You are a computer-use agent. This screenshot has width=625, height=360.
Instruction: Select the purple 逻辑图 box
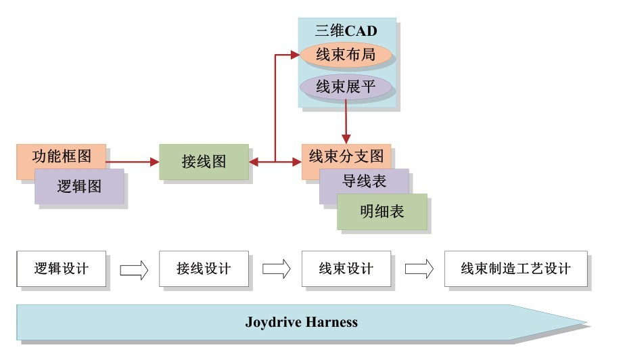tap(79, 187)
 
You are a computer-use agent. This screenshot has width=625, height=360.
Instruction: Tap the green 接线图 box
tap(204, 162)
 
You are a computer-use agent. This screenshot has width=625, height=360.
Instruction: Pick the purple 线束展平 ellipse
tap(346, 87)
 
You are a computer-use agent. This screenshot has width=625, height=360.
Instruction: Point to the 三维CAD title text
tap(346, 31)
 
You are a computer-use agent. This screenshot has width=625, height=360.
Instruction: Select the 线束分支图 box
tap(346, 156)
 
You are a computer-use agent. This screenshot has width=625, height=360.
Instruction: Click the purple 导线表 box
tap(364, 181)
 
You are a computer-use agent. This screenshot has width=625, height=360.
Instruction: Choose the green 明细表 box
tap(382, 211)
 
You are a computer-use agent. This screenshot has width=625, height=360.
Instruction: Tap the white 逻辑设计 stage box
tap(61, 269)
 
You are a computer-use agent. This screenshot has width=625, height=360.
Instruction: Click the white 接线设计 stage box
tap(204, 269)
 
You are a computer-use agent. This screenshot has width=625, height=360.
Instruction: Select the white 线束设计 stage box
tap(346, 269)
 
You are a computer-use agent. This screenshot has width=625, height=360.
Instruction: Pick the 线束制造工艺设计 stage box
tap(515, 269)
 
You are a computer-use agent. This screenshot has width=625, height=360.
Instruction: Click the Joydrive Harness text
tap(301, 322)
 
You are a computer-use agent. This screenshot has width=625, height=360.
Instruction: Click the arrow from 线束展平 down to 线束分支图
tap(346, 122)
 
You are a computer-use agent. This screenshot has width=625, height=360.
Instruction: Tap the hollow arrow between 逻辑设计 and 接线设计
tap(133, 269)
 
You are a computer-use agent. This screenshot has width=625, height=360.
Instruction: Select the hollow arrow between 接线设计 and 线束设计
tap(276, 269)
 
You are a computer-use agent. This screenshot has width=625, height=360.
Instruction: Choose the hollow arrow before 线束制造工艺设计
tap(419, 269)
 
